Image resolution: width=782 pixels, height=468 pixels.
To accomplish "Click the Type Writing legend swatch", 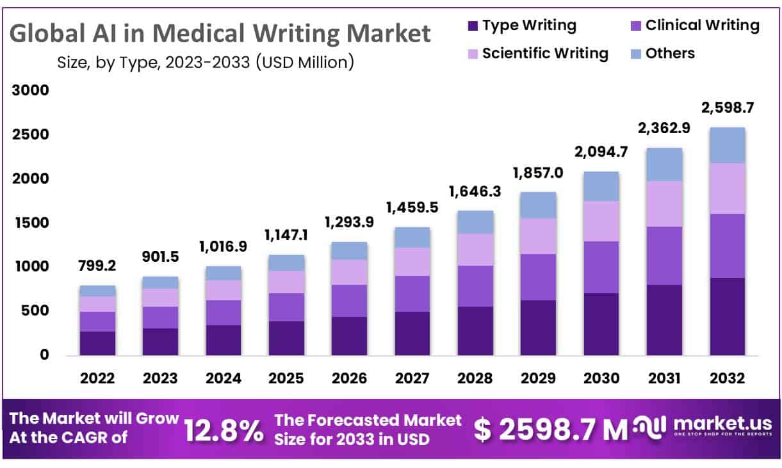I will [x=473, y=26].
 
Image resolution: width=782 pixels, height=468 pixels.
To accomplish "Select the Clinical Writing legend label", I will [x=702, y=26].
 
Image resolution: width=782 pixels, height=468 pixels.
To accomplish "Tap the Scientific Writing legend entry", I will [x=545, y=53].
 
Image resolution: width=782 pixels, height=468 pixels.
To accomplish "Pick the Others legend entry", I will [x=670, y=53].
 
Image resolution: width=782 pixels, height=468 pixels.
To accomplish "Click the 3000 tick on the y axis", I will [x=31, y=91].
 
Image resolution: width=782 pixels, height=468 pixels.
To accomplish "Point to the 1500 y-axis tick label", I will [x=31, y=223].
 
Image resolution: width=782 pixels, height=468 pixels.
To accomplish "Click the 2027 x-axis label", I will [x=412, y=378].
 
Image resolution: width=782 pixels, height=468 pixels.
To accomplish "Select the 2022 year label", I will [x=97, y=378].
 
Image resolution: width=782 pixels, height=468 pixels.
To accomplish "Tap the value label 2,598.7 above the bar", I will [x=728, y=108].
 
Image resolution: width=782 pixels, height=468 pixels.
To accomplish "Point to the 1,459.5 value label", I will [x=412, y=207].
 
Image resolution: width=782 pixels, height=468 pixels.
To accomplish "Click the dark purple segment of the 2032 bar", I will [x=727, y=316].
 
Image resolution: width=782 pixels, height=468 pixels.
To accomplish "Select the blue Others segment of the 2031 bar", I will [x=664, y=164].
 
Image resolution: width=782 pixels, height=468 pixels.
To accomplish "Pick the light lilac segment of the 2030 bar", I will [x=601, y=221].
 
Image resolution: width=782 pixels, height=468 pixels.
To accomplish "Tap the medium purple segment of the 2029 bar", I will [x=538, y=277].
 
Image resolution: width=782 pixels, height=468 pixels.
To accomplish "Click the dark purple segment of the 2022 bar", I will [x=97, y=343].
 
